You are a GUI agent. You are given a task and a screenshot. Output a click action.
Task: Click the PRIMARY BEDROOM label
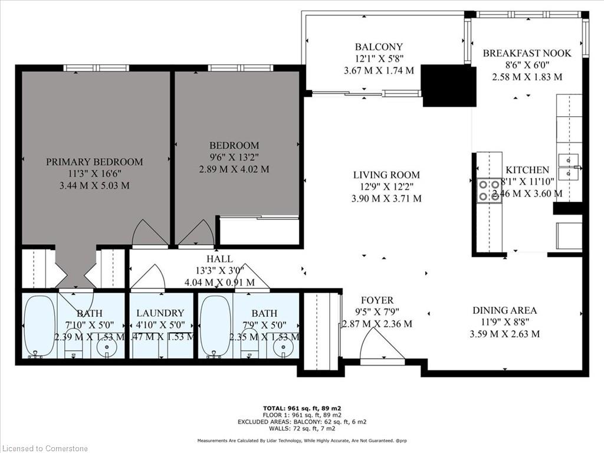click(94, 162)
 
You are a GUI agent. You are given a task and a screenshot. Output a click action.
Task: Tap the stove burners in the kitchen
click(489, 191)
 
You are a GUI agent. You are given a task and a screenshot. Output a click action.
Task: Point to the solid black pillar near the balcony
click(449, 86)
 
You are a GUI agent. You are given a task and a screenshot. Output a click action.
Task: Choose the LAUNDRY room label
click(160, 313)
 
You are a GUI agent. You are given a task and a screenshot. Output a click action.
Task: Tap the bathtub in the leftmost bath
click(39, 326)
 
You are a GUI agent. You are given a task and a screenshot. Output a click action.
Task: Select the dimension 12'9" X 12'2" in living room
click(386, 187)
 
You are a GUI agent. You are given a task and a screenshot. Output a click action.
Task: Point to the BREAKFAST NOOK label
click(527, 53)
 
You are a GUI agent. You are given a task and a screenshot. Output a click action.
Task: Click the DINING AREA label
click(504, 310)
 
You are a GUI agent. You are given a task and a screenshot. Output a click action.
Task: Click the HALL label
click(219, 259)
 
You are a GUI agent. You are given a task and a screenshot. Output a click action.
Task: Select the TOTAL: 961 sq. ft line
click(301, 408)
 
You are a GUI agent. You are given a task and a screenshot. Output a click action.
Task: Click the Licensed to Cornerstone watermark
click(44, 448)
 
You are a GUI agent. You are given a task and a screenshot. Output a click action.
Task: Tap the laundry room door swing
click(147, 278)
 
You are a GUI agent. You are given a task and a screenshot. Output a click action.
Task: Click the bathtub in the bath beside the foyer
click(215, 326)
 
